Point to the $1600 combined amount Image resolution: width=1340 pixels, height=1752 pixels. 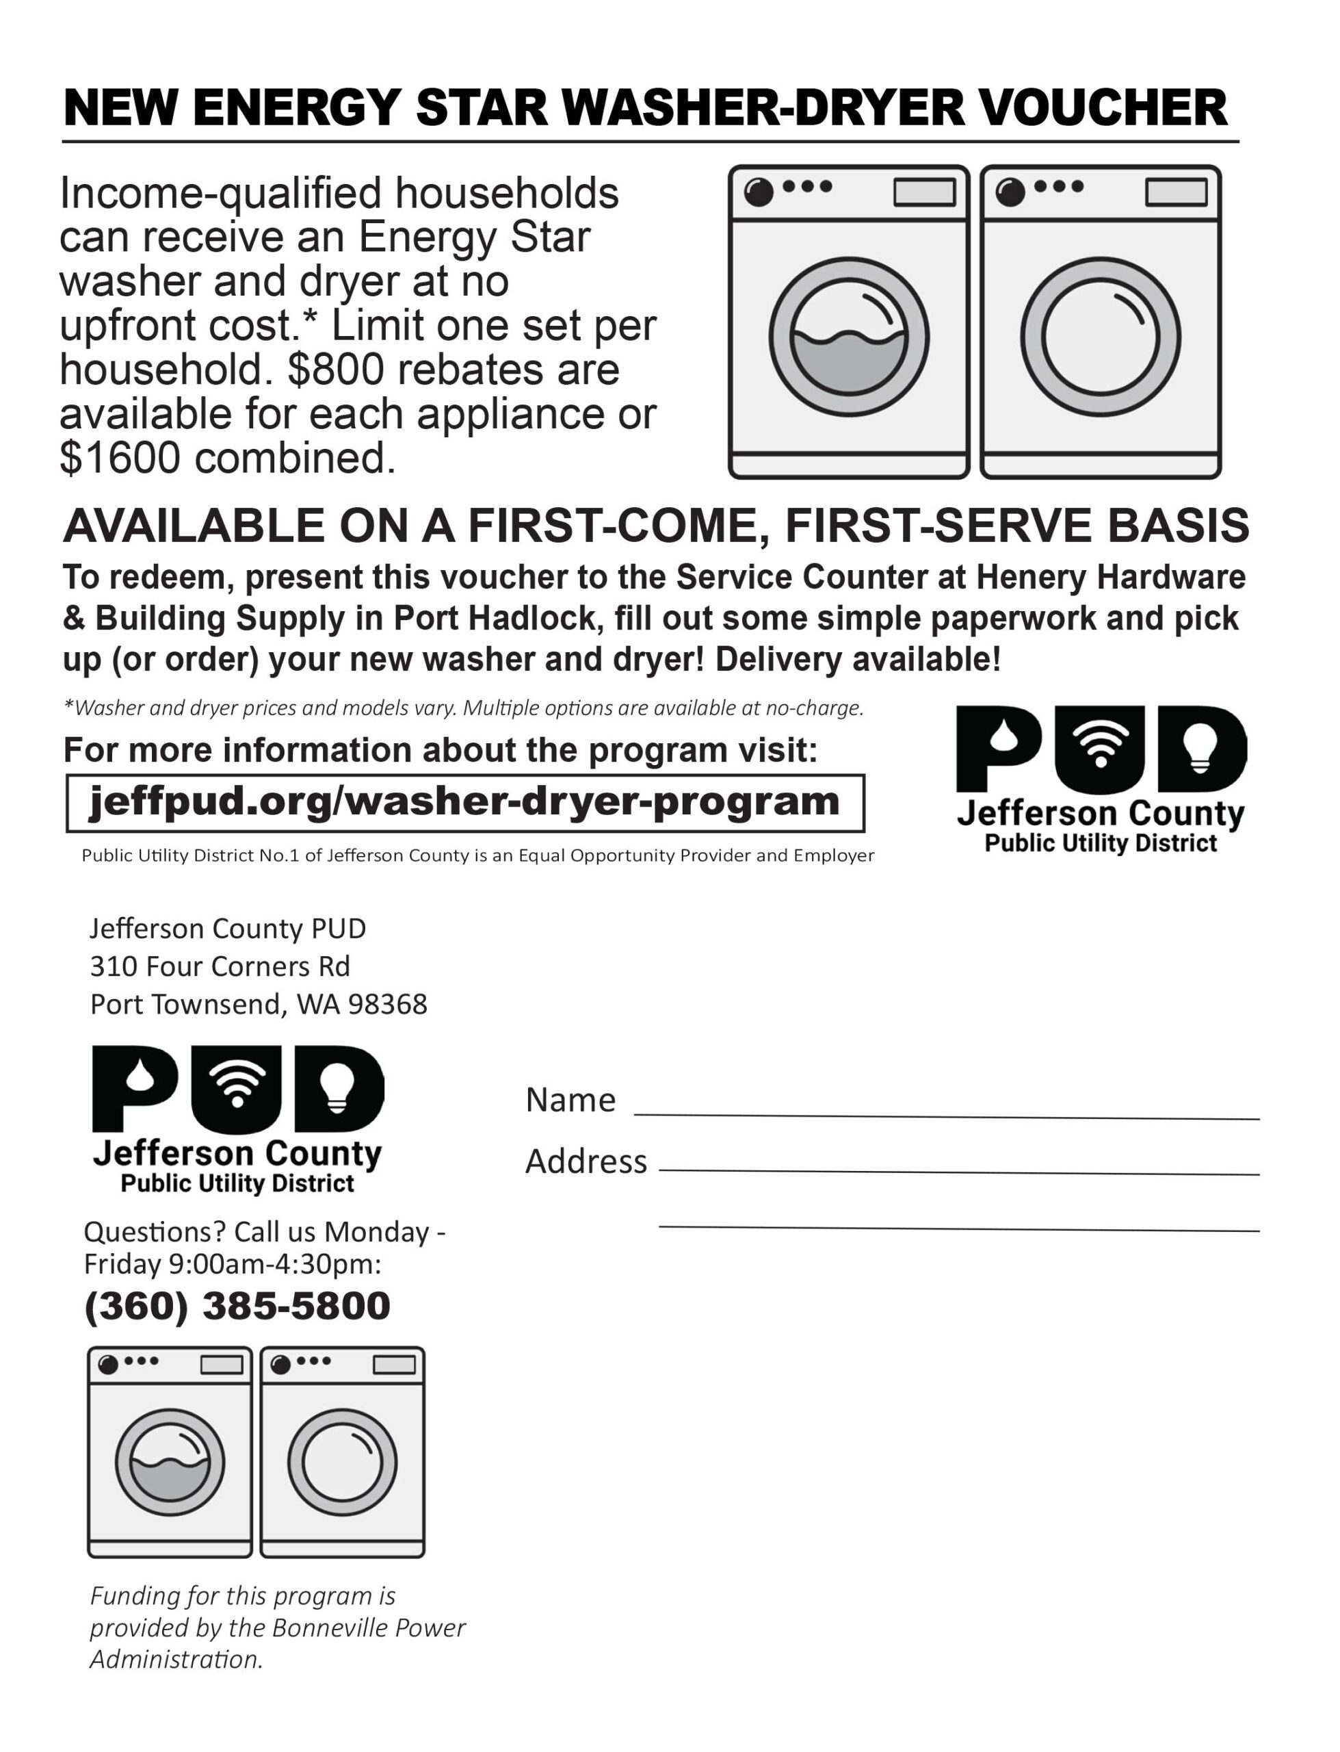coord(120,458)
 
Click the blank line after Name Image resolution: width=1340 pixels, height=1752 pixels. coord(946,1116)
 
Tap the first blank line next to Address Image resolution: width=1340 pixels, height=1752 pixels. coord(959,1171)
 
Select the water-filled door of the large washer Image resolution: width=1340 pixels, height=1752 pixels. coord(849,337)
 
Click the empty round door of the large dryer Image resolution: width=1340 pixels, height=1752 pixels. coord(1101,337)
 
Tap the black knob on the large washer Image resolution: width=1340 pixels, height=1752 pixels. coord(759,192)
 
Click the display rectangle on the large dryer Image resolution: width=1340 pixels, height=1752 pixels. coord(1176,192)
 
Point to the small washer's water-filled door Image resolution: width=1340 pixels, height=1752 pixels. coord(170,1463)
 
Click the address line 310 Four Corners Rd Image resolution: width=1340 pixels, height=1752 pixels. coord(220,967)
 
